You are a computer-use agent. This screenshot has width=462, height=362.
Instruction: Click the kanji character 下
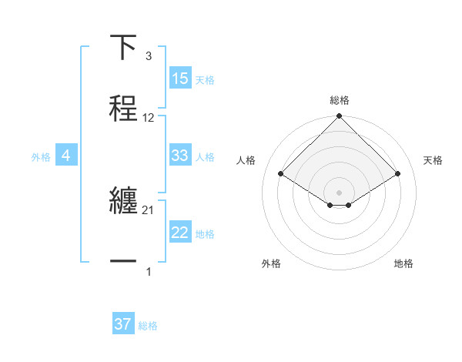(124, 47)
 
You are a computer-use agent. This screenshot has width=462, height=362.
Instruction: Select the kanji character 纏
(124, 201)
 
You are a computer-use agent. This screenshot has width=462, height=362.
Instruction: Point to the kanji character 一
(124, 263)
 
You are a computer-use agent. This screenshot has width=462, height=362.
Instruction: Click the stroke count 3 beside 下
(148, 56)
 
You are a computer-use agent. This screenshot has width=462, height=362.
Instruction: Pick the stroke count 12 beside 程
(149, 118)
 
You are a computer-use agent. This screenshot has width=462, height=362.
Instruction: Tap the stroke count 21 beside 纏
(149, 210)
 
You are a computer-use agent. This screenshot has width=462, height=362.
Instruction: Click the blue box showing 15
(180, 79)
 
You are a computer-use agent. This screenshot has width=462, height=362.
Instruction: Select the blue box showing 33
(180, 156)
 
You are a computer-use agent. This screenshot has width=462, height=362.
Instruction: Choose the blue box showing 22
(180, 233)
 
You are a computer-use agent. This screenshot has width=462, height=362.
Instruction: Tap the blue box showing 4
(66, 156)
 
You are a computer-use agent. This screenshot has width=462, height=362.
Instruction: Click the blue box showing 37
(123, 324)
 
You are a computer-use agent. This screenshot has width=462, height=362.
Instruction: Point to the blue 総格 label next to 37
(149, 326)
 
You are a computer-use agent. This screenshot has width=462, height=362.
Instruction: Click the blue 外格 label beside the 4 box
(41, 156)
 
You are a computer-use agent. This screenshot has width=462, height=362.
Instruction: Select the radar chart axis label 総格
(340, 100)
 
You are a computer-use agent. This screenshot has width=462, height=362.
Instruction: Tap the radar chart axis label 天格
(433, 160)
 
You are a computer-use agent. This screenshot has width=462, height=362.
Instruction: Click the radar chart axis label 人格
(246, 160)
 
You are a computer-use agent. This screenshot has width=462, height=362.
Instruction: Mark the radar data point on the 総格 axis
(340, 117)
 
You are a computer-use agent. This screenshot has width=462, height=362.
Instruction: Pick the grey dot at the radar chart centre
(340, 192)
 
